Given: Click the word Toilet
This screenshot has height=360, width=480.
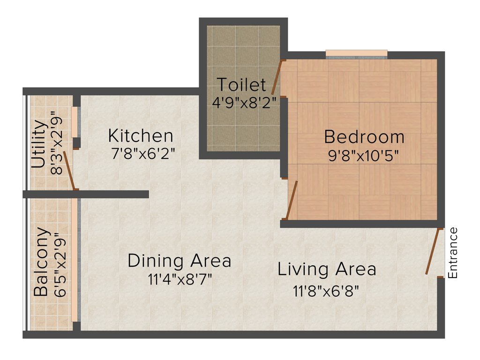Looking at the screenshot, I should tap(241, 85).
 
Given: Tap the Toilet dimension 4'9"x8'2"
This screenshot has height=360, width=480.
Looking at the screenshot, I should tap(244, 103).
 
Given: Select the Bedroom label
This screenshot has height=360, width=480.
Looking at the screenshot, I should tap(364, 137).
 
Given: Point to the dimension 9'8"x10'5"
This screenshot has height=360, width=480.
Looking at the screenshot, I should tap(364, 156).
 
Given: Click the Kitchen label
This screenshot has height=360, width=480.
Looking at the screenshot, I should tap(141, 136).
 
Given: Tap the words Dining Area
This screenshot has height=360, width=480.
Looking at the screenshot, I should tap(180, 261).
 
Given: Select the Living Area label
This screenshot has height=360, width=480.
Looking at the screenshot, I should tap(327, 270).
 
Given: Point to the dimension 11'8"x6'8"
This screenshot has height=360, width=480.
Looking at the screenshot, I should tap(326, 291).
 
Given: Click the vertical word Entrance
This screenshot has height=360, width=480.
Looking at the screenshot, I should tap(453, 253).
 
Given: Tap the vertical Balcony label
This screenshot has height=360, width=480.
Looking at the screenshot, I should tap(42, 262).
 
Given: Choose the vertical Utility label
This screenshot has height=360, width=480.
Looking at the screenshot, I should tap(38, 145).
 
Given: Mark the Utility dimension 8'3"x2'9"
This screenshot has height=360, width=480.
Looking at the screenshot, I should tap(57, 143).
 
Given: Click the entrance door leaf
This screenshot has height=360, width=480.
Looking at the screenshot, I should tap(434, 251).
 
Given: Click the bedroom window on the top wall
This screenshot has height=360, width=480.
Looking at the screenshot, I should tap(356, 53).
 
